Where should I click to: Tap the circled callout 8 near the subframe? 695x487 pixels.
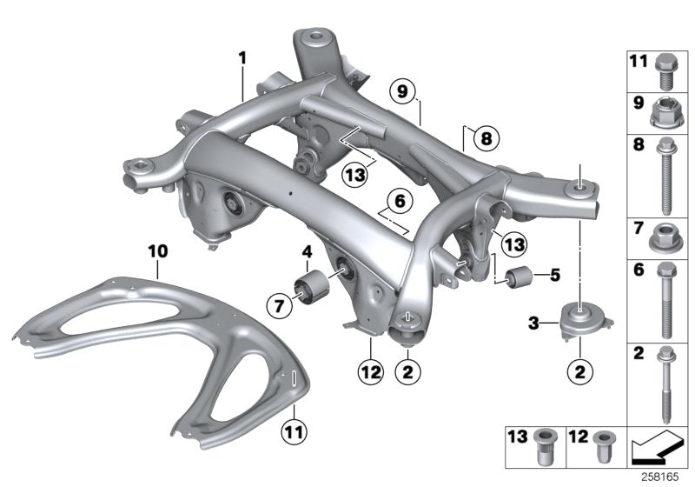point(485,137)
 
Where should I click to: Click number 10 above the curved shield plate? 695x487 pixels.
point(156,249)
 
